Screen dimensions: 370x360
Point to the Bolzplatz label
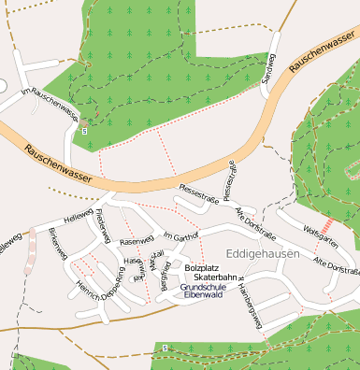coord(202,268)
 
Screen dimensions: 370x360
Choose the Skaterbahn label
coord(215,278)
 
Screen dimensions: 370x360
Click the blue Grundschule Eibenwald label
coord(202,291)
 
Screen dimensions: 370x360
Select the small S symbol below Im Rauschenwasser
coord(85,132)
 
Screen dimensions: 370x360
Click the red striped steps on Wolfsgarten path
coord(328,227)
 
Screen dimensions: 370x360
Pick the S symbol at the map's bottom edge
coord(165,348)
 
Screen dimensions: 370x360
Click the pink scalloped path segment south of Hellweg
coord(31,246)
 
